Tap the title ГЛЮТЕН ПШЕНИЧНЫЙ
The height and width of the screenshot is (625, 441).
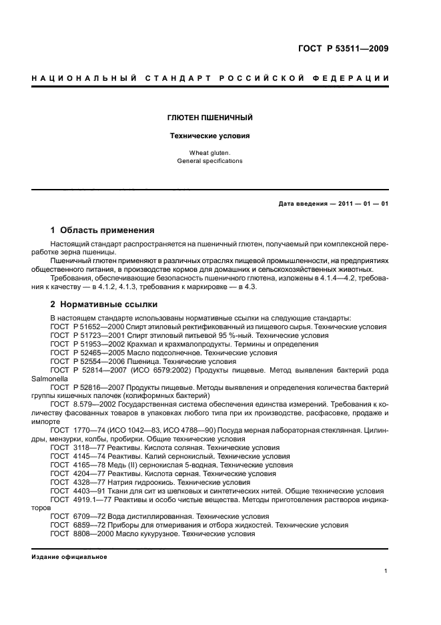coord(209,118)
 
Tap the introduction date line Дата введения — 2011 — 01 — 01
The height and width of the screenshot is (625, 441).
coord(333,204)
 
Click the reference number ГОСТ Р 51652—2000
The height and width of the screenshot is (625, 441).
coord(85,327)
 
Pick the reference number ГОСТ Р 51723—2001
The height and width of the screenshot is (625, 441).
coord(85,335)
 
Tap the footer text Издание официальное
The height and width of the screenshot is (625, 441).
coord(69,557)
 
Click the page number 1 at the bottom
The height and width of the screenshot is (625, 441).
coord(386,571)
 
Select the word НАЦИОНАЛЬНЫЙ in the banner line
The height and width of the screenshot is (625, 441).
coord(79,79)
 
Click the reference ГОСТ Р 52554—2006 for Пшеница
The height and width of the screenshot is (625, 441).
coord(85,361)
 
